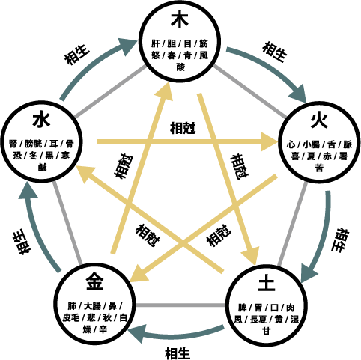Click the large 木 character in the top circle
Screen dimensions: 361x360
click(x=180, y=19)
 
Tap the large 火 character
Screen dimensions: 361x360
click(x=319, y=120)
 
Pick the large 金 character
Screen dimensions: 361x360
click(x=94, y=281)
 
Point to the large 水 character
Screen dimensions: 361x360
click(x=41, y=120)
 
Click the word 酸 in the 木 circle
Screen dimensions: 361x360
click(x=180, y=67)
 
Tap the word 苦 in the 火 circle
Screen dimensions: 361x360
click(x=319, y=168)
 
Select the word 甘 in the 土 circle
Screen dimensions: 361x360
click(x=267, y=331)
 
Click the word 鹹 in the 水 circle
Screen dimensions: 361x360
click(x=42, y=167)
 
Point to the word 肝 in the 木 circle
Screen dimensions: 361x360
click(x=155, y=43)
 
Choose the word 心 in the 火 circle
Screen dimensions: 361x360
click(x=291, y=144)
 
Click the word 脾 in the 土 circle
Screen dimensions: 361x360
click(x=242, y=308)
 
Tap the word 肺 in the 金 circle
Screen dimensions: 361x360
click(x=72, y=306)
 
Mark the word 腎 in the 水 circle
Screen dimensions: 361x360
click(x=13, y=144)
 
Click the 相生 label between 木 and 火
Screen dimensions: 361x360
click(x=274, y=52)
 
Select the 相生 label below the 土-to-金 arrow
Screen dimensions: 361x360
click(x=178, y=353)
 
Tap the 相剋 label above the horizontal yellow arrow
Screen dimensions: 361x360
click(x=183, y=128)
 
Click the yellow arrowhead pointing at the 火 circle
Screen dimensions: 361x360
click(x=270, y=141)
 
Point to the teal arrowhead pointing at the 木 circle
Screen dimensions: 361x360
click(x=128, y=46)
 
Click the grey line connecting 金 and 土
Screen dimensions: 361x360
click(x=180, y=305)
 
